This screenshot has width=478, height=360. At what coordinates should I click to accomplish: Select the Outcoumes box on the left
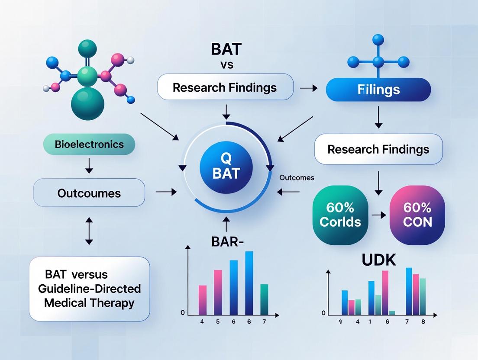[90, 193]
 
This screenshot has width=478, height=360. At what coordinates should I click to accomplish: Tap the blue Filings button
[378, 90]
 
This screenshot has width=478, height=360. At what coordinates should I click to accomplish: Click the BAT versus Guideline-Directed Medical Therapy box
[90, 289]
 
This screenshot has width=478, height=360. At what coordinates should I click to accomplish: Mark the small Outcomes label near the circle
[297, 178]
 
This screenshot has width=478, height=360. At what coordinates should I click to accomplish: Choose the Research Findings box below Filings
[378, 149]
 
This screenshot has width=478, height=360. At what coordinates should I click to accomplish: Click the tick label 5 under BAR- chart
[218, 322]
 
